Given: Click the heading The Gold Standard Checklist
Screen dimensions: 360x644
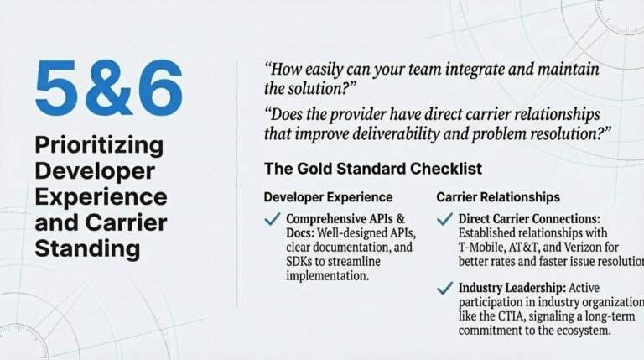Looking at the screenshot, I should point(372,169).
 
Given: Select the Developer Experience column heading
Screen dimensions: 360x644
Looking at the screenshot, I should point(328,197).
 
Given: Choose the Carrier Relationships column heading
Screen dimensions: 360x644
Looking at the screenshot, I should point(498,197).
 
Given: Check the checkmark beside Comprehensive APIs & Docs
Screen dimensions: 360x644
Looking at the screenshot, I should point(273,220).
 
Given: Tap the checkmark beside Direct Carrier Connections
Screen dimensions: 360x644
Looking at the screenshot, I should point(445,220).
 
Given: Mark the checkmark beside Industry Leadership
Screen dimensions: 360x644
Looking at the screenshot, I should point(445,289).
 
